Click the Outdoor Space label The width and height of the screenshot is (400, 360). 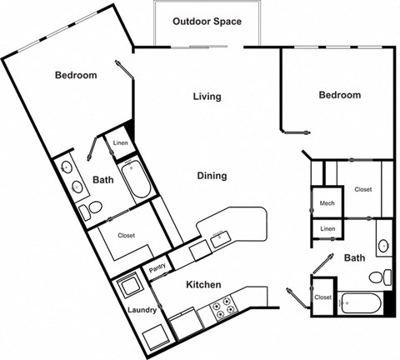207,21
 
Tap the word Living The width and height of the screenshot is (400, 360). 207,97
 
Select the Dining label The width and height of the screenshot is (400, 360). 212,176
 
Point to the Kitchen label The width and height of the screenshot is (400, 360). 202,285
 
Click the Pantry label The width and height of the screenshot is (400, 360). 157,268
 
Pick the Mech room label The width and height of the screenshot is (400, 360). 327,203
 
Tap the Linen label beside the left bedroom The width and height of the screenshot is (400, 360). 120,142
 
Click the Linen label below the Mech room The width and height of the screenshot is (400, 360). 327,228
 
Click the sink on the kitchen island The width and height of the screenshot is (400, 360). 219,237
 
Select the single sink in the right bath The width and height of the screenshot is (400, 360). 382,246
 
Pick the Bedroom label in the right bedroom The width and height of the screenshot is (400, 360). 340,95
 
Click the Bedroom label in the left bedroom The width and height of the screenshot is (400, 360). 76,75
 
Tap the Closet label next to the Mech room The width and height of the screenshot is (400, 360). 362,189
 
